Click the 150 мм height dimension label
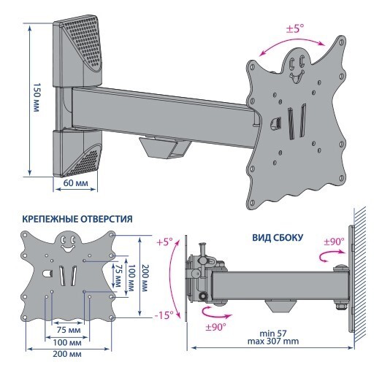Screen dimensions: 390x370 pyautogui.click(x=37, y=97)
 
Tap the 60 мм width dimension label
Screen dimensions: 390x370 pyautogui.click(x=76, y=183)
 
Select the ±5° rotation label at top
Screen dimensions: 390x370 pyautogui.click(x=295, y=28)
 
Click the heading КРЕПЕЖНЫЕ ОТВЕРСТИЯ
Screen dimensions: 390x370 pyautogui.click(x=77, y=219)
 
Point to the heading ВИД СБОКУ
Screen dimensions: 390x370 pyautogui.click(x=278, y=238)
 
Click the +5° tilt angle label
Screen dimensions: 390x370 pyautogui.click(x=164, y=242)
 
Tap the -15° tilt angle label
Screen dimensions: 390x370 pyautogui.click(x=164, y=315)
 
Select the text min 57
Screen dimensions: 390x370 pyautogui.click(x=273, y=333)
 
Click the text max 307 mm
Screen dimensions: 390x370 pyautogui.click(x=273, y=341)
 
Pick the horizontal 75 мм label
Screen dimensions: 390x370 pyautogui.click(x=69, y=330)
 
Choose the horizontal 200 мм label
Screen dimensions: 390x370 pyautogui.click(x=67, y=354)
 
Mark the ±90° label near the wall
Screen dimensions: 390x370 pyautogui.click(x=334, y=242)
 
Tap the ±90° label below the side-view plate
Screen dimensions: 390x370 pyautogui.click(x=216, y=327)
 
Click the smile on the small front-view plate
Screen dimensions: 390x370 pyautogui.click(x=67, y=247)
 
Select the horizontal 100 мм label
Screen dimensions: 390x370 pyautogui.click(x=67, y=342)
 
